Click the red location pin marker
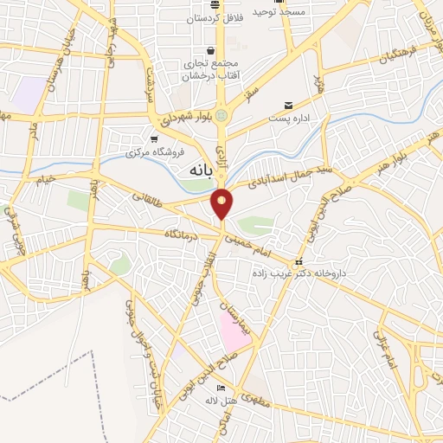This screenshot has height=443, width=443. coord(222,202)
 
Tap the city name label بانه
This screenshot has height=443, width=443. coord(201,170)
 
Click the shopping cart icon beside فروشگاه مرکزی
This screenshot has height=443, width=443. coord(154,138)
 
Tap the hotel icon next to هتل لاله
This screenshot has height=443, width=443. coord(221,387)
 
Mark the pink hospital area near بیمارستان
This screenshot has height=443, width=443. coord(234,329)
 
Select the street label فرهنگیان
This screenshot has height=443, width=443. coord(396,51)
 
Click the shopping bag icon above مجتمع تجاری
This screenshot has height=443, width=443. coord(209,50)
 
